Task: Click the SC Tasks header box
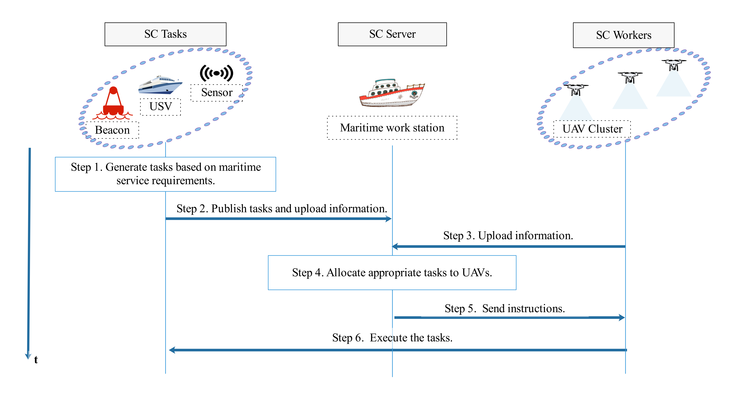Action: pos(165,34)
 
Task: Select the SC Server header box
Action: pos(392,34)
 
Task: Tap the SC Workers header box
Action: pos(623,35)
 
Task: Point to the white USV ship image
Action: pos(160,85)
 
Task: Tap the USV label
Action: pos(161,107)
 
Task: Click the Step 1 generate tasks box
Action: pos(165,174)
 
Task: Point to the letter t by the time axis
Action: pos(36,360)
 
